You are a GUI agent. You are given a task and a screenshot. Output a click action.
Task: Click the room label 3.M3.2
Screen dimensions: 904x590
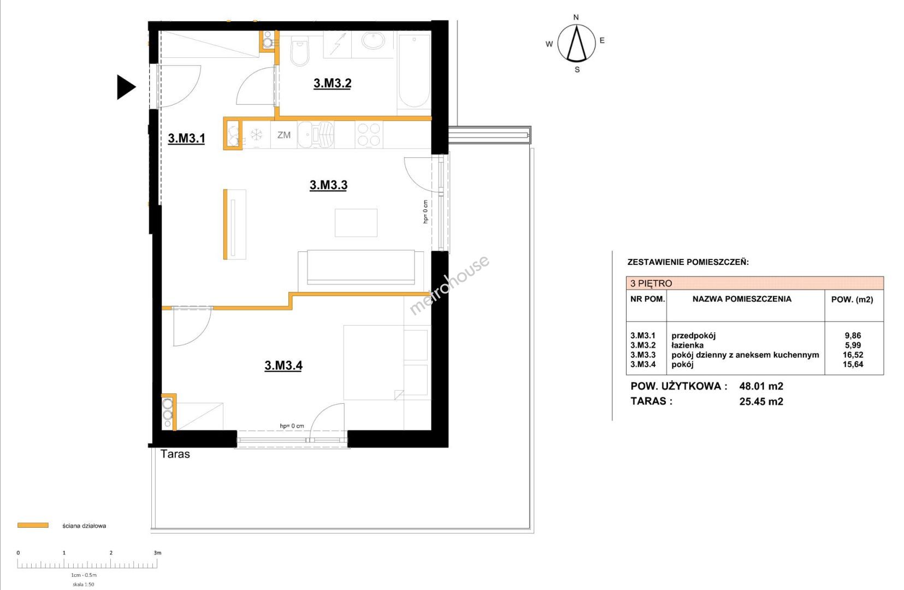tap(332, 83)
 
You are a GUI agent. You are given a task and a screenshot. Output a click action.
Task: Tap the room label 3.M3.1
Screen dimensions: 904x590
tap(186, 138)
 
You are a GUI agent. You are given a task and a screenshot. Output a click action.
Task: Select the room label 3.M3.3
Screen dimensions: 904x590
tap(328, 185)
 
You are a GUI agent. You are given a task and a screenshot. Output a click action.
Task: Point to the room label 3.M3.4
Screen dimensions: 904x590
tap(283, 365)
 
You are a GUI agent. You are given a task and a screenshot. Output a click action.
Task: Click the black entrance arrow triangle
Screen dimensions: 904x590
tap(126, 87)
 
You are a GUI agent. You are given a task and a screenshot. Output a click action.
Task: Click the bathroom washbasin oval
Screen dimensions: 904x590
tap(373, 41)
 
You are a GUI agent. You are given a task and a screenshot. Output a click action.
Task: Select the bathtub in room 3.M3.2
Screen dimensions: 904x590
tap(413, 72)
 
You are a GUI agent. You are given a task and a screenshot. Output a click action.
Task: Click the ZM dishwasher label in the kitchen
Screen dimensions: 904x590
tap(283, 135)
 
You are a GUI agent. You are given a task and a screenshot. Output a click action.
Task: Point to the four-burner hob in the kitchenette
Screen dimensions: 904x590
tap(369, 135)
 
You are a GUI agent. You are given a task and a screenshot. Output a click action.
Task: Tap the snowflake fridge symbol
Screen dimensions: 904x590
tap(256, 134)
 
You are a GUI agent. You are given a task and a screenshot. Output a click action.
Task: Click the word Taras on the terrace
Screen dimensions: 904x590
tap(175, 454)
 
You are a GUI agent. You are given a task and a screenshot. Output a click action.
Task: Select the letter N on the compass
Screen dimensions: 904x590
tap(576, 17)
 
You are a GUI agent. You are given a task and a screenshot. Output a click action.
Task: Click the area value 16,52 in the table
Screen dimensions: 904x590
tap(853, 355)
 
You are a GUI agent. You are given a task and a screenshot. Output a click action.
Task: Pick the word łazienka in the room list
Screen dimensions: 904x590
tap(687, 345)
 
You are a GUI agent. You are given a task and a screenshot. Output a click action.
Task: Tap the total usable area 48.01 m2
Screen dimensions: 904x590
tap(761, 386)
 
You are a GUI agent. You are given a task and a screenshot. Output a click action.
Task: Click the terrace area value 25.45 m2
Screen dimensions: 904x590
tap(761, 402)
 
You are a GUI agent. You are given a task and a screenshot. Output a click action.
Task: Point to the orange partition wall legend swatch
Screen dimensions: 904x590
tap(33, 526)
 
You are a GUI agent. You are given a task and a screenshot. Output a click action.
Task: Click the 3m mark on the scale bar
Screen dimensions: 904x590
tap(157, 553)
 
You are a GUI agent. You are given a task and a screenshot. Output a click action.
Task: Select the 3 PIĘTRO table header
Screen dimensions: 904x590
tap(651, 284)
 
